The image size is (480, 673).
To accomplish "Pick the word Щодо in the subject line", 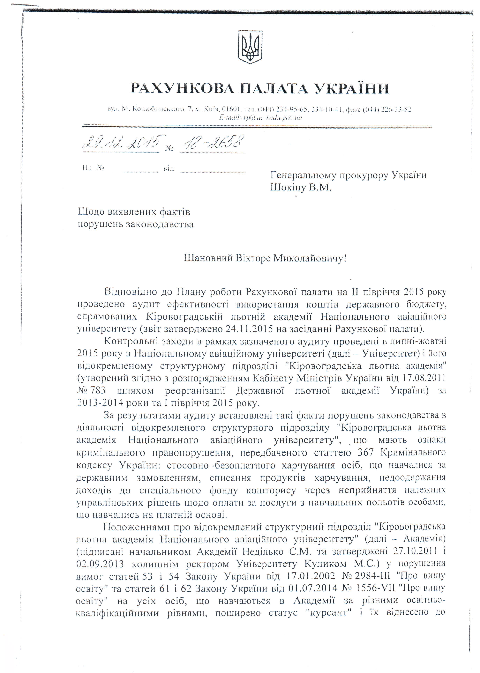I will tap(91, 212).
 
